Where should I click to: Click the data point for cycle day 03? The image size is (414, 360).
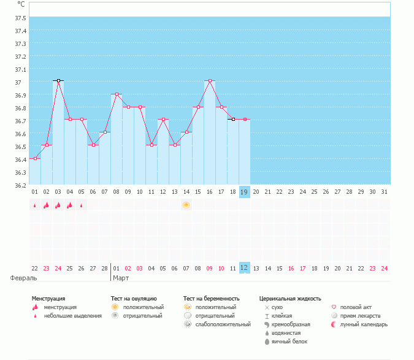click(x=58, y=80)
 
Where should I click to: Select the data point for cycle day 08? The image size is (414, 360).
click(x=117, y=94)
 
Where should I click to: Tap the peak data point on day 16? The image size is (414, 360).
click(x=210, y=80)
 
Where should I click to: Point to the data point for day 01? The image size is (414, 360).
click(x=35, y=158)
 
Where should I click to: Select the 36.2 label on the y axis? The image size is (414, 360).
click(x=20, y=185)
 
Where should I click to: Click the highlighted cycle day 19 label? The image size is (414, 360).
click(x=244, y=192)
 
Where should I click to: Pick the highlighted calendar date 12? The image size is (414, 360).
click(x=244, y=268)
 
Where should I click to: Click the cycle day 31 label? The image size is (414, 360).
click(x=384, y=192)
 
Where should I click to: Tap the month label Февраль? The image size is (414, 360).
click(x=20, y=278)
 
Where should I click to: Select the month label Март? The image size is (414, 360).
click(x=120, y=278)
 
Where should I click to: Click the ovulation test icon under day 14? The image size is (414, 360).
click(x=186, y=205)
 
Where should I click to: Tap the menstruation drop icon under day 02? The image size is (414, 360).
click(x=46, y=205)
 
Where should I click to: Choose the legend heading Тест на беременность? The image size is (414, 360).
click(x=211, y=299)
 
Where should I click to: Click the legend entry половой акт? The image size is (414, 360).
click(x=356, y=307)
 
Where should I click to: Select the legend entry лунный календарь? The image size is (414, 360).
click(x=364, y=324)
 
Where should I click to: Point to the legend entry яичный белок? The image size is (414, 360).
click(x=286, y=342)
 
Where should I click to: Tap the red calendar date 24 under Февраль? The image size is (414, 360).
click(x=58, y=268)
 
